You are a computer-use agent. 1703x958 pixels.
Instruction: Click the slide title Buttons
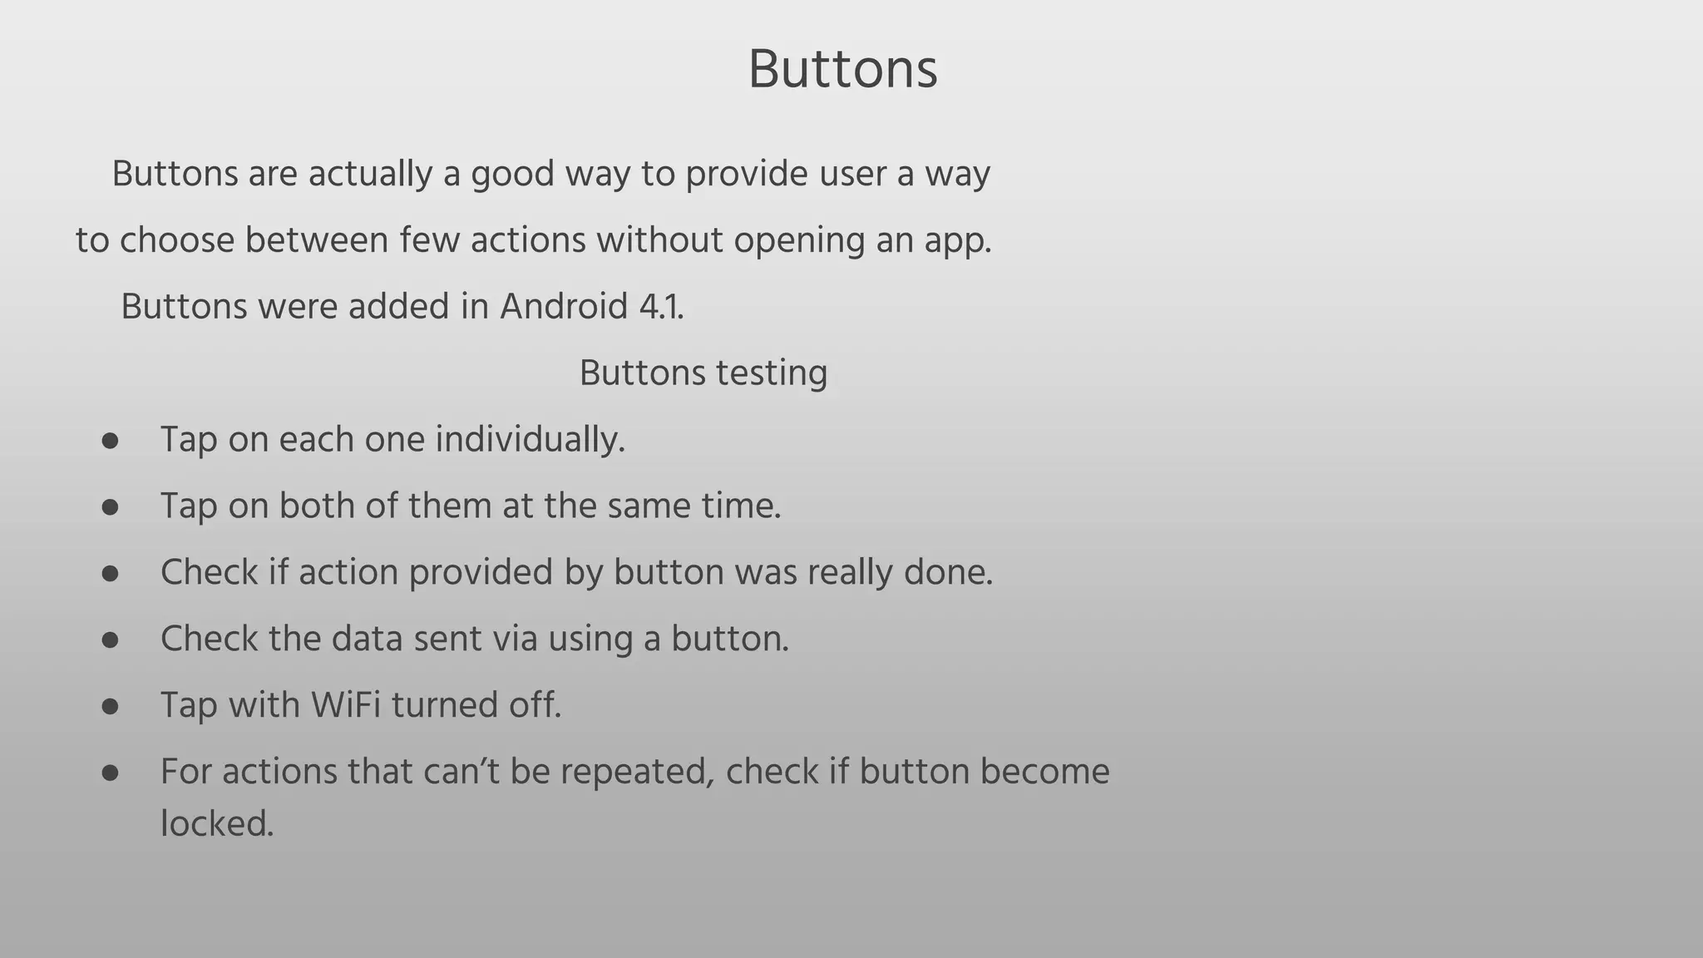[x=842, y=69]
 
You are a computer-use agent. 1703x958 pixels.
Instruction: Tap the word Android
[x=563, y=307]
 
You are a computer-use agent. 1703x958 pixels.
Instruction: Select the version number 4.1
[x=661, y=307]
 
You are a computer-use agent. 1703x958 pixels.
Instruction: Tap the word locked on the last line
[x=216, y=824]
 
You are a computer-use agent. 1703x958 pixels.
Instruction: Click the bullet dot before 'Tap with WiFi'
[x=111, y=706]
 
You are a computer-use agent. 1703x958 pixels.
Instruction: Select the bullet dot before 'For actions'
[x=111, y=773]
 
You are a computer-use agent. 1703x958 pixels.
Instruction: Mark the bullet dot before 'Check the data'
[x=111, y=639]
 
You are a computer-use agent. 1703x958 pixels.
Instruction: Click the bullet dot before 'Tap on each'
[x=111, y=440]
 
